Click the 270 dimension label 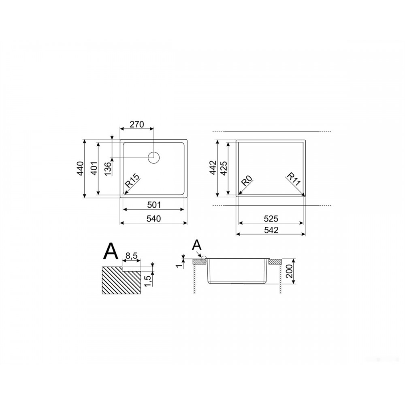[136, 124]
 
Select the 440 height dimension [81, 168]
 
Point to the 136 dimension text [108, 168]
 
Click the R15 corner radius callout [132, 181]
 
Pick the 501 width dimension [154, 205]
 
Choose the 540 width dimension [153, 219]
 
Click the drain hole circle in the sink [153, 158]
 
